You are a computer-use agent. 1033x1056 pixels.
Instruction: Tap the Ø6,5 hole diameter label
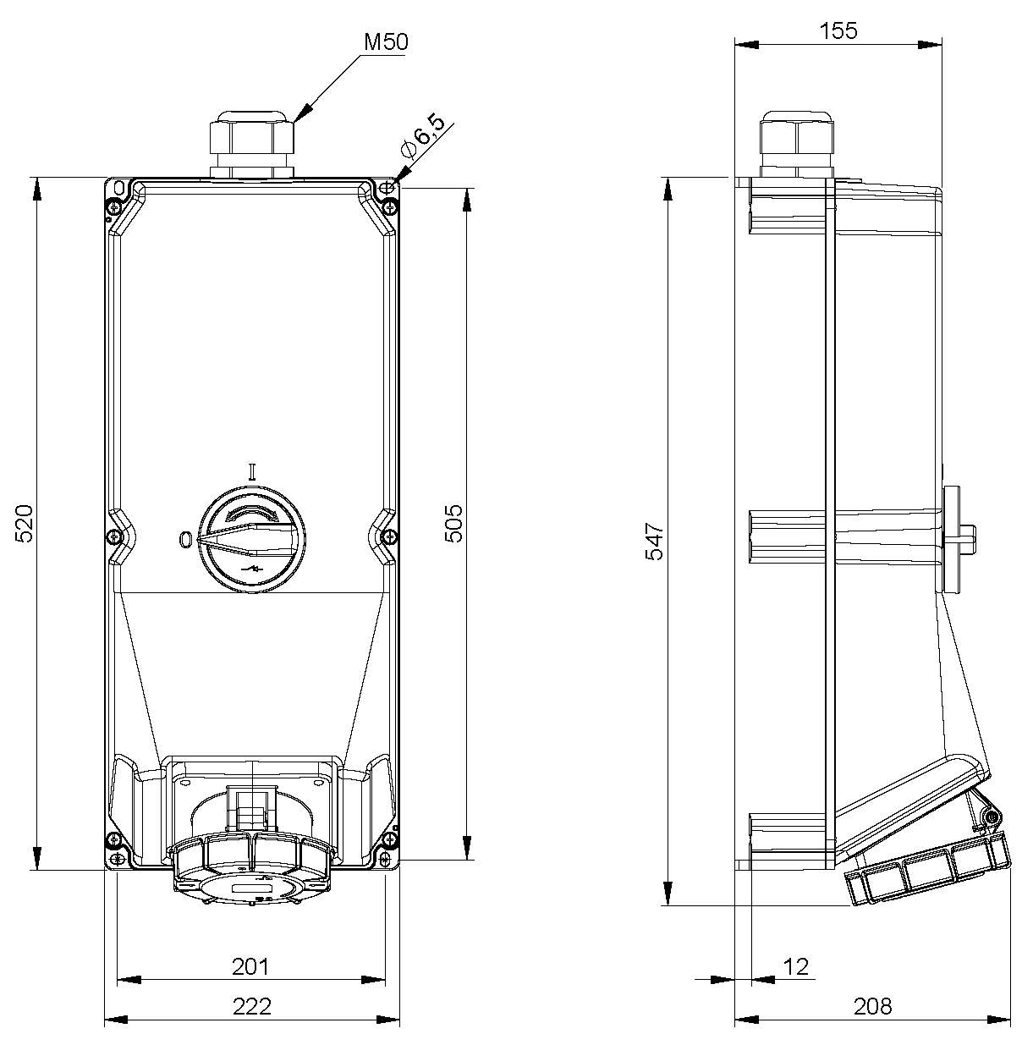(x=422, y=135)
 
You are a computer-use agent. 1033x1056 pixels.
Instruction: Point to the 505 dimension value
(x=453, y=522)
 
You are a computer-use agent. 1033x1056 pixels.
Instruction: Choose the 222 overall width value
(x=251, y=1006)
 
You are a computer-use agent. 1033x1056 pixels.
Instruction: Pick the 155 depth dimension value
(x=838, y=31)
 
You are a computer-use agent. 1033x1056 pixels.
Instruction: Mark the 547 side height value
(x=656, y=542)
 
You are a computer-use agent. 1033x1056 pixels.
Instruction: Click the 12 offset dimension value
(x=796, y=966)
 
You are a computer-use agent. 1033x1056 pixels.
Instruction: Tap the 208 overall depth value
(x=872, y=1006)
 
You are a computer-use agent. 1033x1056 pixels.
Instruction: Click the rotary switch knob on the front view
(x=251, y=538)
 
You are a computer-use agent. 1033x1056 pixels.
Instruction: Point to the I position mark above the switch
(x=251, y=470)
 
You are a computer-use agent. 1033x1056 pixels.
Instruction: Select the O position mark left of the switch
(x=186, y=538)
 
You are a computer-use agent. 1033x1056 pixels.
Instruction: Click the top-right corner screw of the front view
(x=388, y=206)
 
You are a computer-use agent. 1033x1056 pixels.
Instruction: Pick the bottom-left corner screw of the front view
(x=113, y=840)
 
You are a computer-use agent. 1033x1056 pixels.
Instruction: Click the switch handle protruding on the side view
(x=956, y=537)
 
